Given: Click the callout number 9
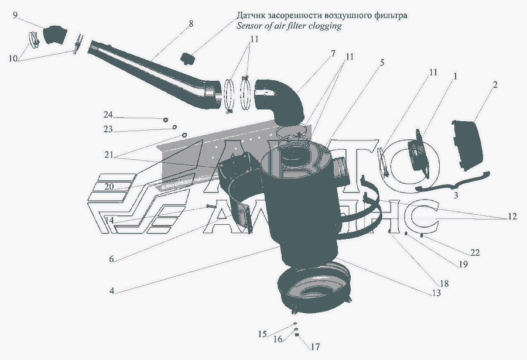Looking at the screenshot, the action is pos(15,15).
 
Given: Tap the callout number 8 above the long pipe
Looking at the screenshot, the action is pos(191,23).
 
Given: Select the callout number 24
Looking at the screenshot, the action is pos(108,115).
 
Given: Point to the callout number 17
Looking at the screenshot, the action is pos(315,347).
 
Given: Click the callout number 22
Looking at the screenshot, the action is pos(474,252).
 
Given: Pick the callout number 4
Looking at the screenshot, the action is pos(112,291).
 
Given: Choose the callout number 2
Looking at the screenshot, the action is pos(495,84).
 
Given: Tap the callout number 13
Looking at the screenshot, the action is pos(436,293).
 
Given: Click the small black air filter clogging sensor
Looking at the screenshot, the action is pos(187,59).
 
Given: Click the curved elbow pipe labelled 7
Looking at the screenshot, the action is pos(280,100).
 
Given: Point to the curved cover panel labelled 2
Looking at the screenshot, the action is pos(468,145).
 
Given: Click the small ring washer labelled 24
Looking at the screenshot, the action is pos(166,119).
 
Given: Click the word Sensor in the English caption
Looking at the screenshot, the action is pos(248,26).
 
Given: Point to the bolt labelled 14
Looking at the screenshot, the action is pos(211,205).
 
